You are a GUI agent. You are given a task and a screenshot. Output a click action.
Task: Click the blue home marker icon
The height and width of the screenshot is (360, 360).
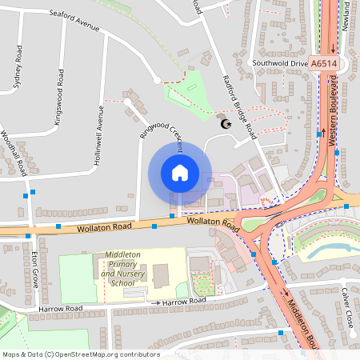coord(180,173)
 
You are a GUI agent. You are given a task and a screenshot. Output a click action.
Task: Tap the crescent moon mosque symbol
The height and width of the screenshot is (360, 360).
coord(225,122)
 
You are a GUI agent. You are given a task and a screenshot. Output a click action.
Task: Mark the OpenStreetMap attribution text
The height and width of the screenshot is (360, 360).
coord(81,354)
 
